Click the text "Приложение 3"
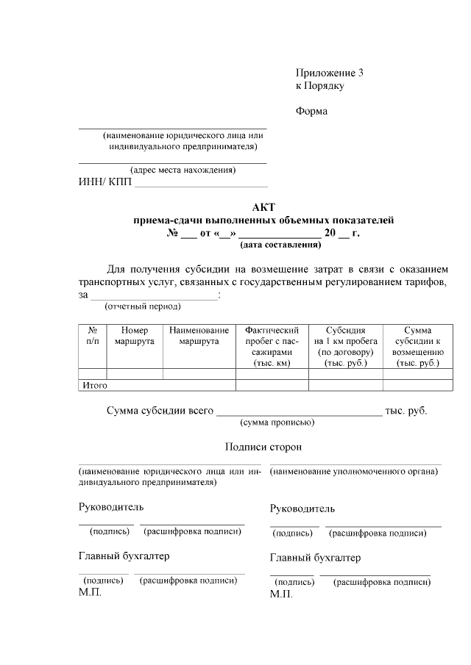coord(330,73)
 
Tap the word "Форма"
coord(311,112)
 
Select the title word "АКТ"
coord(263,207)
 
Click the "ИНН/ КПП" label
coord(105,182)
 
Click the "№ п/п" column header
coord(92,336)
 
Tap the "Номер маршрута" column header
coord(135,336)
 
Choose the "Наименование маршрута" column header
coord(199,336)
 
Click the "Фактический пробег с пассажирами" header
coord(272,346)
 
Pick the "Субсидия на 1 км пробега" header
coord(345,346)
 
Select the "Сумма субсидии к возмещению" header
coord(417,346)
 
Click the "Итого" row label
coord(95,385)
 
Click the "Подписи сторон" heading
coord(263,447)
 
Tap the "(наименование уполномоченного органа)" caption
coord(355,471)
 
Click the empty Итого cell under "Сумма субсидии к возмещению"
coord(417,385)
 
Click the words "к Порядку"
coord(320,86)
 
